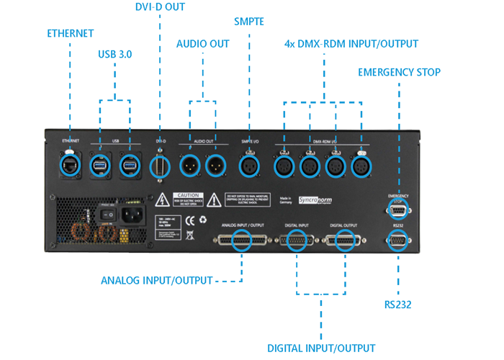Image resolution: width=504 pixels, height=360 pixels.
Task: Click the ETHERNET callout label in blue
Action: [71, 33]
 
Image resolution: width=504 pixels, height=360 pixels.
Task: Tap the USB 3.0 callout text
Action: [114, 54]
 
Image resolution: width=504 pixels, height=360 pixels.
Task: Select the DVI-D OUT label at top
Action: [160, 7]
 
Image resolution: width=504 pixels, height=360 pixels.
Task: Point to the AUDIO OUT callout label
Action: [203, 44]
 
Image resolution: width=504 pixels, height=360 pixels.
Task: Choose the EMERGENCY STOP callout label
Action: [399, 72]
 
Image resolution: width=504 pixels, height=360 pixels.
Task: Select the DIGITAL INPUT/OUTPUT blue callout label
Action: [320, 348]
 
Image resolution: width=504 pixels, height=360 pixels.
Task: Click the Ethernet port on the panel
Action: [70, 165]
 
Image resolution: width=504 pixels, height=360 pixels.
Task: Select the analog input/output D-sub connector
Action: [242, 241]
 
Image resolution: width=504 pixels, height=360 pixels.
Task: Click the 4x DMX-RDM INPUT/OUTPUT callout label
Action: [351, 44]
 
